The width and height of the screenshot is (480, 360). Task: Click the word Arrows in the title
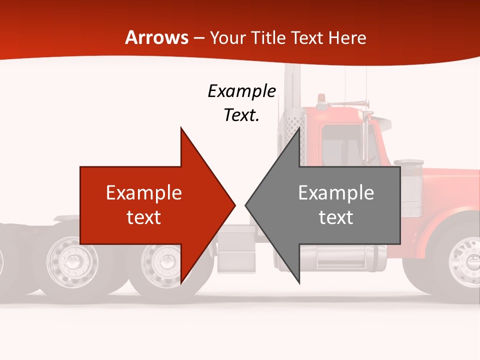point(157,37)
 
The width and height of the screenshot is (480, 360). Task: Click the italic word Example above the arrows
point(241,91)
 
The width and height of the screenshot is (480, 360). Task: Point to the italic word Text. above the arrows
point(241,115)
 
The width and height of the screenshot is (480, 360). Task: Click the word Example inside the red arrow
point(143,193)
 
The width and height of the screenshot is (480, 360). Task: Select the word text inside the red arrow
point(143,217)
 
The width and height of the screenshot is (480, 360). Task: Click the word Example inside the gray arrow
point(336,193)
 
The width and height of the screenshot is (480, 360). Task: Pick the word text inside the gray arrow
point(336,217)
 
